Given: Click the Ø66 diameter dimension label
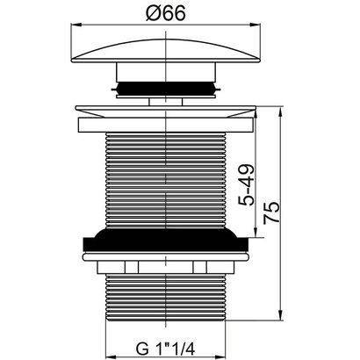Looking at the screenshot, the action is click(x=166, y=14).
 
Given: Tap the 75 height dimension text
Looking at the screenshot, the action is click(x=271, y=213).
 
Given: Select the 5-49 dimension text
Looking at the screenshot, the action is click(x=246, y=185).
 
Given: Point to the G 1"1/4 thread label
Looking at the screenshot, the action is click(x=166, y=349).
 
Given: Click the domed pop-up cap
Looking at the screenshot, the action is click(x=166, y=51).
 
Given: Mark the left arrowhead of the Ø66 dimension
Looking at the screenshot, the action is click(x=76, y=25).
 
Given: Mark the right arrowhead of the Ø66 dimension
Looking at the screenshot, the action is click(x=256, y=25).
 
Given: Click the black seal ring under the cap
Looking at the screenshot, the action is click(x=166, y=89).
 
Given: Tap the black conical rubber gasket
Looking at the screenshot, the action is click(x=166, y=240).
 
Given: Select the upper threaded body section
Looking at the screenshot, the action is click(x=166, y=180).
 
